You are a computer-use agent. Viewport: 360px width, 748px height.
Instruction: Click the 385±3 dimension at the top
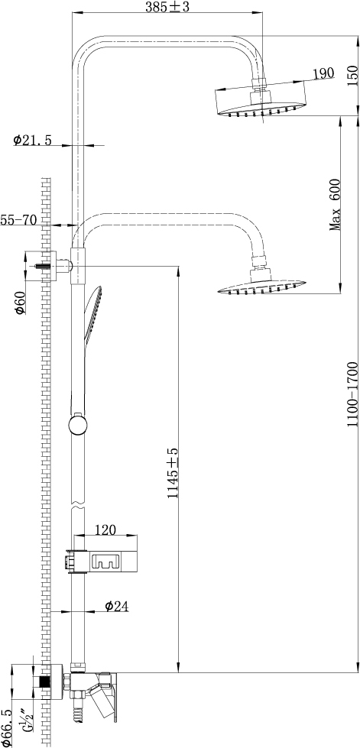167,7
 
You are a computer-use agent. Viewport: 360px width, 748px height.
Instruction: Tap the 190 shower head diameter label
323,73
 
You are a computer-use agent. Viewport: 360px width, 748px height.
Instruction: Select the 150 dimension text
352,75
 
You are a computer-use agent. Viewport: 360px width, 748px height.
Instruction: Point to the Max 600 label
335,205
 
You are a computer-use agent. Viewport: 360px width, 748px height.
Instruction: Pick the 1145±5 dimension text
173,480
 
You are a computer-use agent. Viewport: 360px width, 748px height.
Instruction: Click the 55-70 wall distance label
18,219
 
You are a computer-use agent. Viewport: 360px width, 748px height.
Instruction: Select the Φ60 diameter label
20,303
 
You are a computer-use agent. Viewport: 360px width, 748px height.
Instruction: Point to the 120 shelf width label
106,530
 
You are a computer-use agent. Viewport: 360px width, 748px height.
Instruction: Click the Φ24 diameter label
117,607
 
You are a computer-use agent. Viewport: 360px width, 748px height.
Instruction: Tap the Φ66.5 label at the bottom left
6,725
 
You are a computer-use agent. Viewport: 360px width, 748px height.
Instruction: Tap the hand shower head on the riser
92,316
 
